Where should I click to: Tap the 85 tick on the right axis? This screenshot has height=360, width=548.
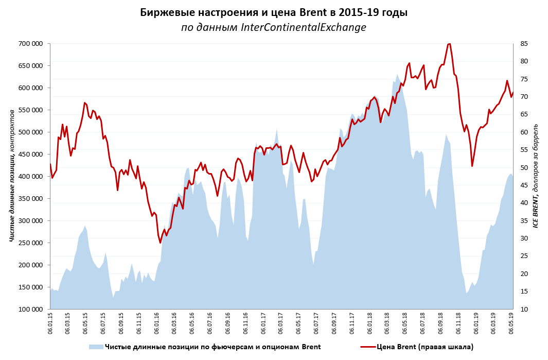coord(523,44)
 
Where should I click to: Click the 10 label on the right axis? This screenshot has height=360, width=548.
coord(523,310)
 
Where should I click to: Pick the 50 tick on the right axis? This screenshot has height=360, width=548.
coord(523,168)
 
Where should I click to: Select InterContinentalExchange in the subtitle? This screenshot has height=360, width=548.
coord(304,27)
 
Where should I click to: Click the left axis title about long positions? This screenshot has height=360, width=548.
coord(12,175)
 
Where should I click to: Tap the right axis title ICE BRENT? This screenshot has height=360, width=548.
coord(536,175)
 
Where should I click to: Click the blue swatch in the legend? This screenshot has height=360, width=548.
coord(96,347)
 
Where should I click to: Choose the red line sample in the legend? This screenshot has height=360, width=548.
coord(368,347)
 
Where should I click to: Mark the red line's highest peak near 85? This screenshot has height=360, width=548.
coord(449,44)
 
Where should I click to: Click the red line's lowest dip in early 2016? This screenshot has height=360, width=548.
coord(161,243)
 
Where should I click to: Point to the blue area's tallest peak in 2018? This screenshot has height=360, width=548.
coord(397,75)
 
